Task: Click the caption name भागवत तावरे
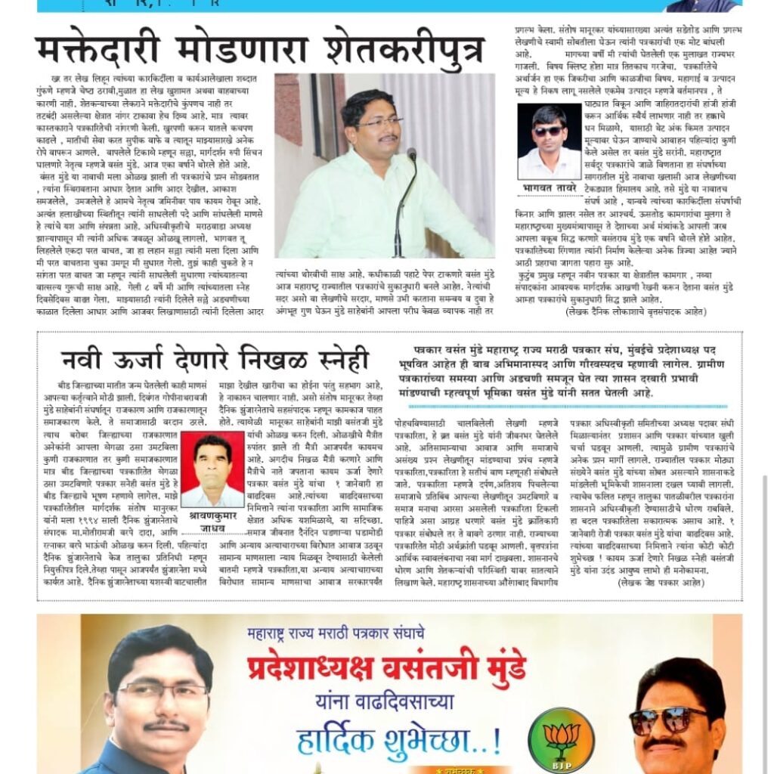point(550,186)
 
